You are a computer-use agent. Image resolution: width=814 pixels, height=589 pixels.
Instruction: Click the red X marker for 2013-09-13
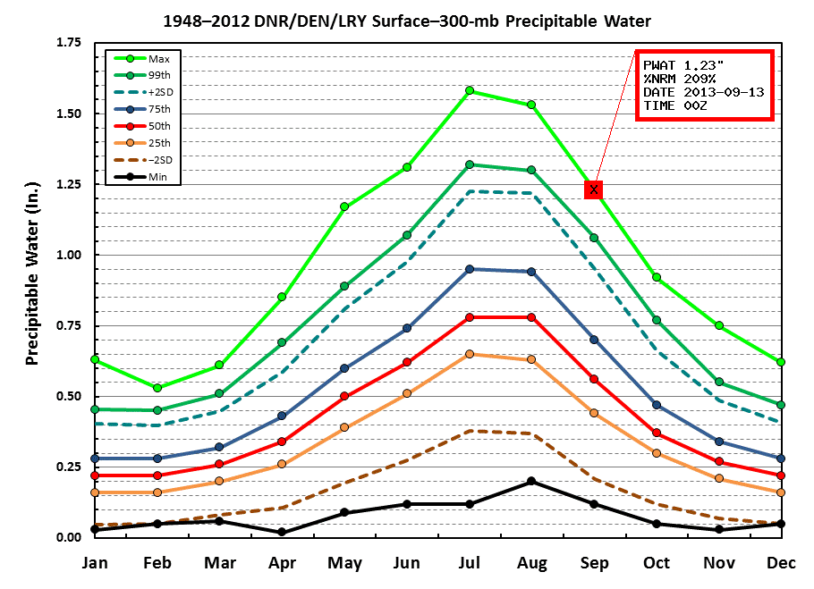tap(594, 189)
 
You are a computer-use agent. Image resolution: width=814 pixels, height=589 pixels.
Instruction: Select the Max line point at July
tap(469, 90)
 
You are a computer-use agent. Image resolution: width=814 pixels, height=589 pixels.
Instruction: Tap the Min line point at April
tap(282, 532)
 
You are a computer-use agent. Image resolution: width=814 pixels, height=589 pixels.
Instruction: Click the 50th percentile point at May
tap(344, 396)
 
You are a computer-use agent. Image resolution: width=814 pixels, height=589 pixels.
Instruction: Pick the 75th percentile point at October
tap(657, 405)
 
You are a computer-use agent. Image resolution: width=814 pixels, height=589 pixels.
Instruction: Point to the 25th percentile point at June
tap(407, 393)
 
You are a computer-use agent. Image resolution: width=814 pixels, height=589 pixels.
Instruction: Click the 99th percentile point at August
tap(531, 170)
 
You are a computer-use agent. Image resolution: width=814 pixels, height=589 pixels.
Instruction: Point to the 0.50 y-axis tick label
tap(68, 396)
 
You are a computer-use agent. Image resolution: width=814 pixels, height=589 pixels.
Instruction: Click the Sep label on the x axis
tap(594, 563)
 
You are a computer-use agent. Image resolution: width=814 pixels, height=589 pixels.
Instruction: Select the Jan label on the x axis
tap(95, 563)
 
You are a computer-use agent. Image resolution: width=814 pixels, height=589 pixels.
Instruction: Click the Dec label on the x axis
tap(781, 563)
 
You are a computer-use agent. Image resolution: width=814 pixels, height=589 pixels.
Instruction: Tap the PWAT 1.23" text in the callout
tap(681, 65)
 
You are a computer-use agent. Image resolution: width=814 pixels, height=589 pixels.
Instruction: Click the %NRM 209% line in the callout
tap(678, 79)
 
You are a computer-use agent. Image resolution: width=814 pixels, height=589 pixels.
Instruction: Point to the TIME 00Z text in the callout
tap(673, 105)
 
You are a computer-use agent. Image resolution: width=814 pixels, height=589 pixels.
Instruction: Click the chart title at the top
tap(408, 19)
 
